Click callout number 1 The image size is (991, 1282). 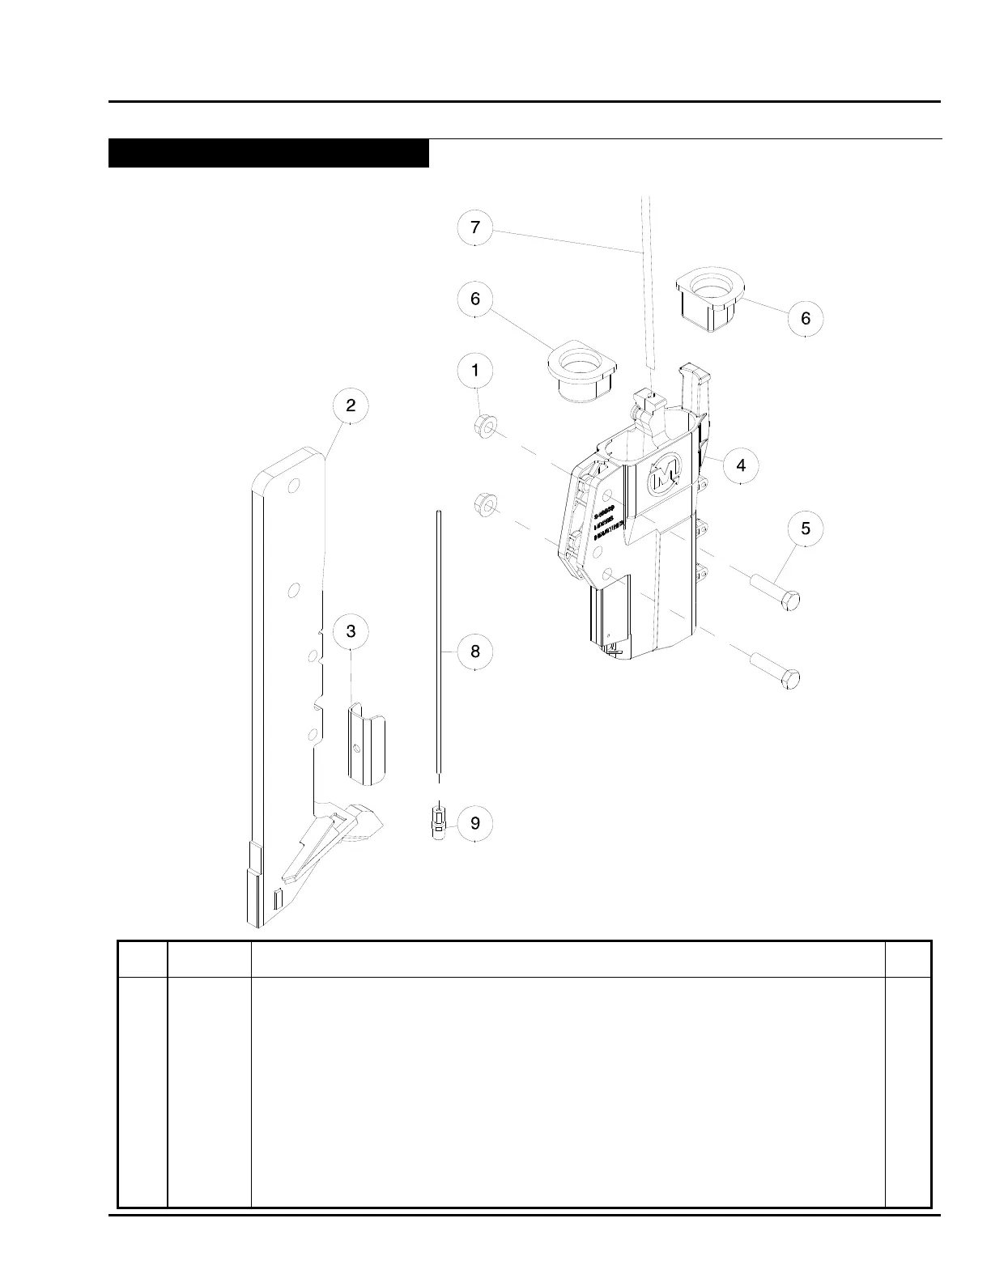click(475, 371)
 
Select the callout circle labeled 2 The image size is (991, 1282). click(351, 406)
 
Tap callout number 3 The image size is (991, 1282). click(351, 631)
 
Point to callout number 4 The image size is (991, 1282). click(741, 465)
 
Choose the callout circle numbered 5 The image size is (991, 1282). click(806, 529)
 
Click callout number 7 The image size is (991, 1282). click(475, 228)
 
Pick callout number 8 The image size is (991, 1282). click(475, 652)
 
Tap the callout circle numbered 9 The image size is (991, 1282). click(475, 823)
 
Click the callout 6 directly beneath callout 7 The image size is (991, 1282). click(475, 299)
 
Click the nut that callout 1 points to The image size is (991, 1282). click(485, 425)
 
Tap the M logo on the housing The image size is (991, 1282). click(666, 470)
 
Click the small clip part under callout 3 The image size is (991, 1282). click(367, 743)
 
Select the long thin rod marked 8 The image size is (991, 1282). click(438, 647)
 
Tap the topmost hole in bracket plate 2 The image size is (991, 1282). click(293, 486)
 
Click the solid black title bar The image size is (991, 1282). click(268, 153)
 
